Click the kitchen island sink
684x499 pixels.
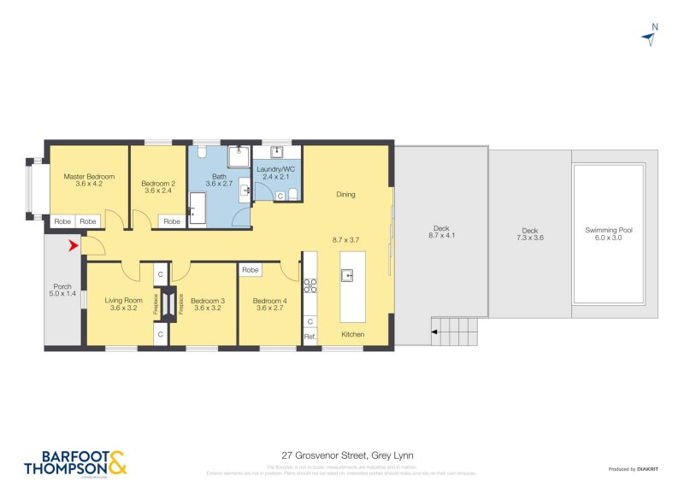[x=348, y=275]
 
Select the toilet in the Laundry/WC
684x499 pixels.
[x=293, y=196]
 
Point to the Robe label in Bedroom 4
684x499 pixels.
[x=250, y=270]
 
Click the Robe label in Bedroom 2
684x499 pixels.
[x=172, y=221]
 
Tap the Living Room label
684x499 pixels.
[x=124, y=304]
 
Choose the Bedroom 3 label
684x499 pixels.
[x=208, y=304]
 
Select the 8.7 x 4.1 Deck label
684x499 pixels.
[x=441, y=232]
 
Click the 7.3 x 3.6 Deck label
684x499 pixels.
[x=530, y=234]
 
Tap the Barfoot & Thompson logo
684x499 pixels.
[x=75, y=462]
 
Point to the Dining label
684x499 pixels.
[x=345, y=195]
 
